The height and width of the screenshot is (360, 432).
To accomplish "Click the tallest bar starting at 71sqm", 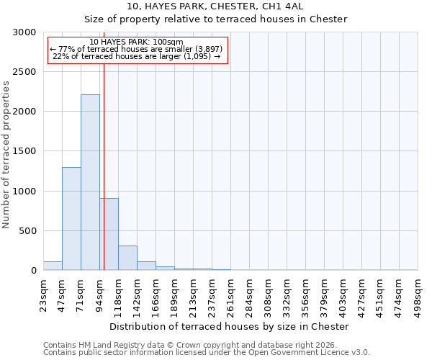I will click(90, 182).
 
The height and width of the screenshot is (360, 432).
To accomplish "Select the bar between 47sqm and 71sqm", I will click(71, 218).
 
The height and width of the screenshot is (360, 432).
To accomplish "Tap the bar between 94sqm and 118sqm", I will click(109, 234).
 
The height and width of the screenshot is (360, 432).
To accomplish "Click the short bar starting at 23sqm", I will click(53, 266).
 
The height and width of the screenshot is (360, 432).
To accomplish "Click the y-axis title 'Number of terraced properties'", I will click(6, 155).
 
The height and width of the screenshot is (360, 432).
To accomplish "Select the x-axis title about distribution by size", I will click(230, 326).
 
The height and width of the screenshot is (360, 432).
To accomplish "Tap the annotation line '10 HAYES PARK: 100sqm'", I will click(138, 42).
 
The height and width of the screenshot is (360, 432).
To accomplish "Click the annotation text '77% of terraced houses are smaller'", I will click(138, 49).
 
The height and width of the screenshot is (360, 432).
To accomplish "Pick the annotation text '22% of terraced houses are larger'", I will click(138, 56).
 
